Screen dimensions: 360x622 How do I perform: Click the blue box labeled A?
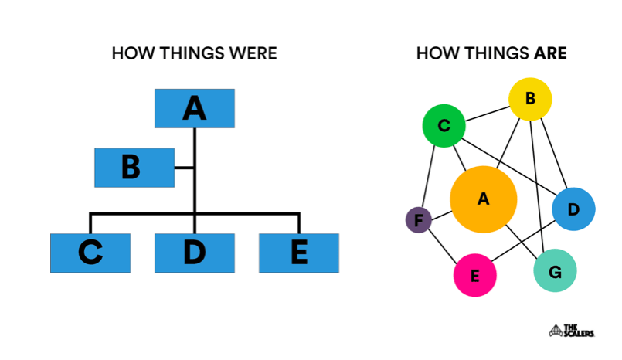(195, 108)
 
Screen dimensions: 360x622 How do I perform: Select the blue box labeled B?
(134, 167)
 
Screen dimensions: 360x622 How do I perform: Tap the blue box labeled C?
(90, 253)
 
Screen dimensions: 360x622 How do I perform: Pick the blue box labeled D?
(195, 253)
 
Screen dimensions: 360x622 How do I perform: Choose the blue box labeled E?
(298, 253)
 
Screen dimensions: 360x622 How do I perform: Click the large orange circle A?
(483, 199)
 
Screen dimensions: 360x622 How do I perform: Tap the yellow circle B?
(530, 99)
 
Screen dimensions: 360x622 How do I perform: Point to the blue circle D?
(573, 209)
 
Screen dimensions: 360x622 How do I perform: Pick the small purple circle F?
(419, 221)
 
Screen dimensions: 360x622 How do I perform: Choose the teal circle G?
(555, 270)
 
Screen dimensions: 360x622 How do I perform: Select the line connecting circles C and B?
(486, 114)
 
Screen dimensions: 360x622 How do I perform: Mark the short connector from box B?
(184, 167)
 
